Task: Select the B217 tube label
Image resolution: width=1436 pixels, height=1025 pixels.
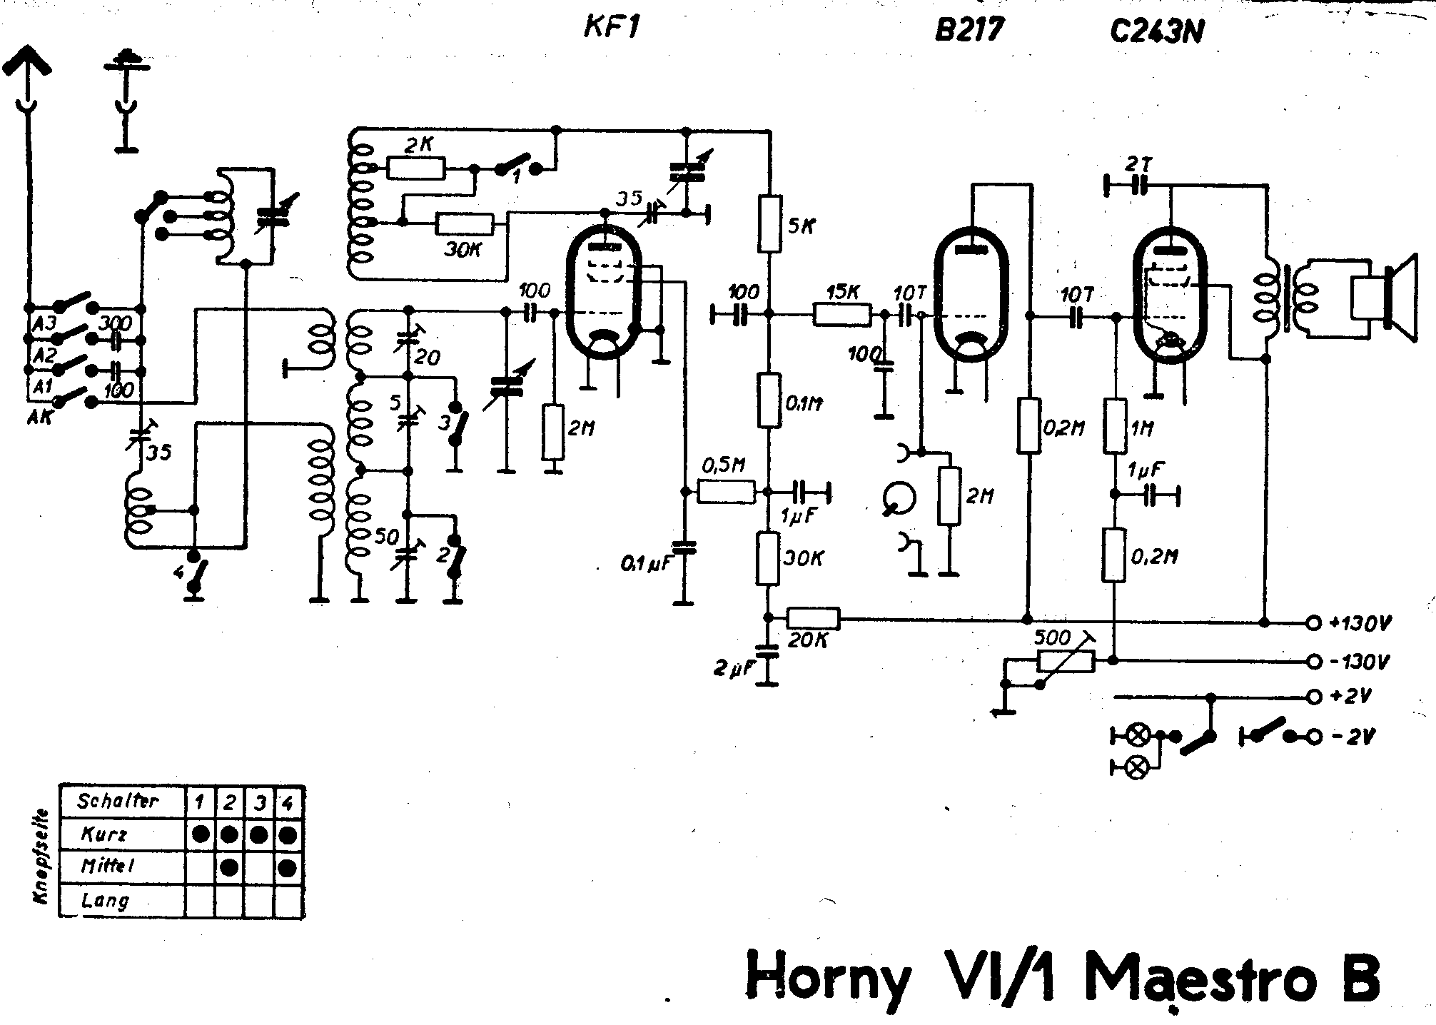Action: (x=970, y=30)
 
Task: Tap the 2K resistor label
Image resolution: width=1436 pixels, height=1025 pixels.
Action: (x=418, y=145)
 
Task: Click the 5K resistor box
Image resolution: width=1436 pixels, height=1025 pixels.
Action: (x=769, y=223)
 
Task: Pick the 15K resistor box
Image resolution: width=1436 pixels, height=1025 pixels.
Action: (x=842, y=314)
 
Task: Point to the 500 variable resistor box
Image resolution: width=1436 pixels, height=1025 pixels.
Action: (x=1066, y=661)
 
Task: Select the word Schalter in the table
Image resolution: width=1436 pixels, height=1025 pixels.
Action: (x=118, y=801)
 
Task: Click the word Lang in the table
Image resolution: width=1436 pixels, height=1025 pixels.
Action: (x=106, y=900)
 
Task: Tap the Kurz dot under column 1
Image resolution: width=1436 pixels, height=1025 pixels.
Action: (x=201, y=834)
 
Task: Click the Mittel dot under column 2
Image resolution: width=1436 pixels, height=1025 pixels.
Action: (x=230, y=867)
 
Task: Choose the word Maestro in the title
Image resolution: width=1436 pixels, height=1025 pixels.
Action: (x=1198, y=976)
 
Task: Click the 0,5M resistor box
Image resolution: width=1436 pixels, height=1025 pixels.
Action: (x=726, y=492)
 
